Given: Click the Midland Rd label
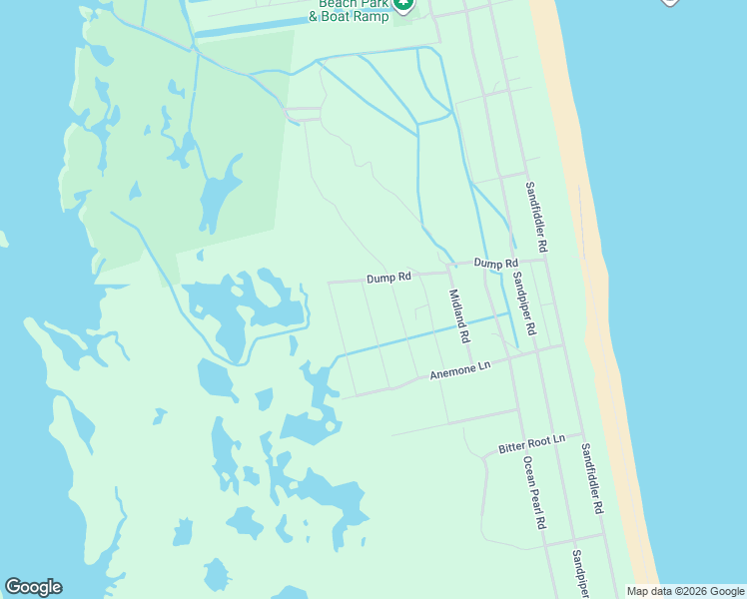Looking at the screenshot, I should coord(458,316).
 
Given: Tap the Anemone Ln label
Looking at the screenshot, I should coord(460,371).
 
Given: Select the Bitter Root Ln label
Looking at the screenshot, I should coord(531,444).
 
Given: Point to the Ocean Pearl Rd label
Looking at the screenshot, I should coord(533,493).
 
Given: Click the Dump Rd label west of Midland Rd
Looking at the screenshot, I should coord(388,278).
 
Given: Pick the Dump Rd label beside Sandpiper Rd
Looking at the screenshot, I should coord(496,263).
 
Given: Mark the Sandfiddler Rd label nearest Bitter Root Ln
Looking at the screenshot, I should coord(592,479).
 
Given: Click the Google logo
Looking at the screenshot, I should coord(33,587).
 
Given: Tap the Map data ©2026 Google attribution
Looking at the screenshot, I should coord(686,591).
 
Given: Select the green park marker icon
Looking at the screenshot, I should coord(403,6).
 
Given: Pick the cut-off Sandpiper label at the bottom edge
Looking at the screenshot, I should coord(579,573).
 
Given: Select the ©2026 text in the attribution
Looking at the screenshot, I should coord(691,591).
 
